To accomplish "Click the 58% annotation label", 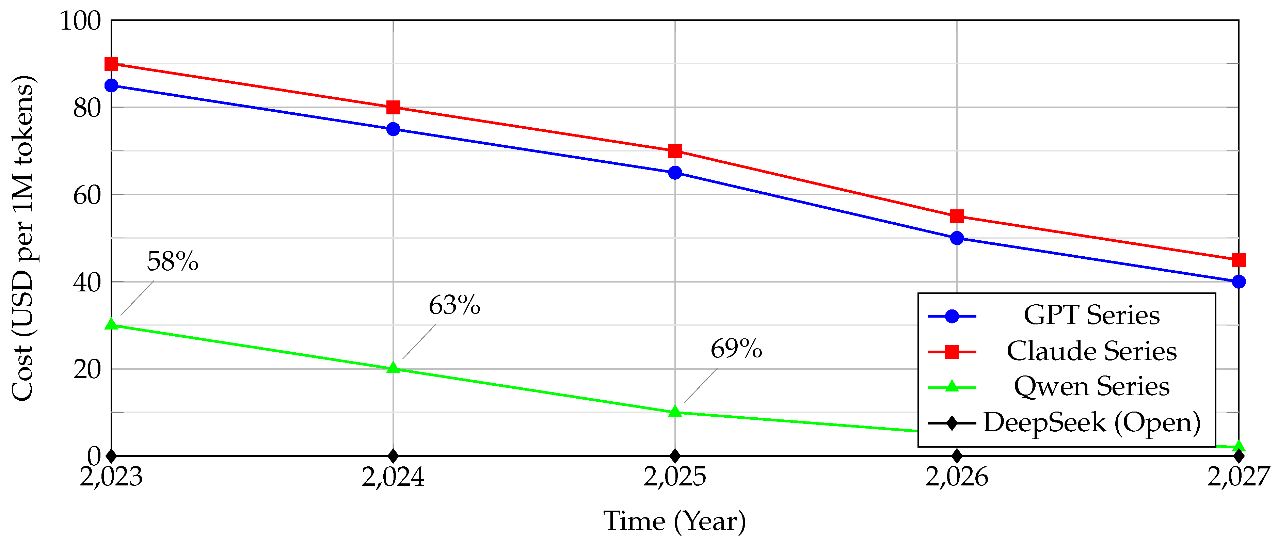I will [x=173, y=261].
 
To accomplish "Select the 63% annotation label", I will [x=454, y=305].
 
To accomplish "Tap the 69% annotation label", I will [x=736, y=349].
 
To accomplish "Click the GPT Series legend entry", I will [x=1091, y=316].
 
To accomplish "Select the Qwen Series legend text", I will [x=1091, y=387].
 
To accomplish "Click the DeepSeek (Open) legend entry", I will [x=1091, y=422].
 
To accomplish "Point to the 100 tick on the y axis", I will [x=80, y=21].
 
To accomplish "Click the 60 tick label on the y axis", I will [x=87, y=195].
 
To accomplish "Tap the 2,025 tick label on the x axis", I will [x=675, y=477].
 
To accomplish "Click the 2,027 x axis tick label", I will [x=1238, y=477].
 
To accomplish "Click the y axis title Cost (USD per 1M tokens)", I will [x=23, y=238].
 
